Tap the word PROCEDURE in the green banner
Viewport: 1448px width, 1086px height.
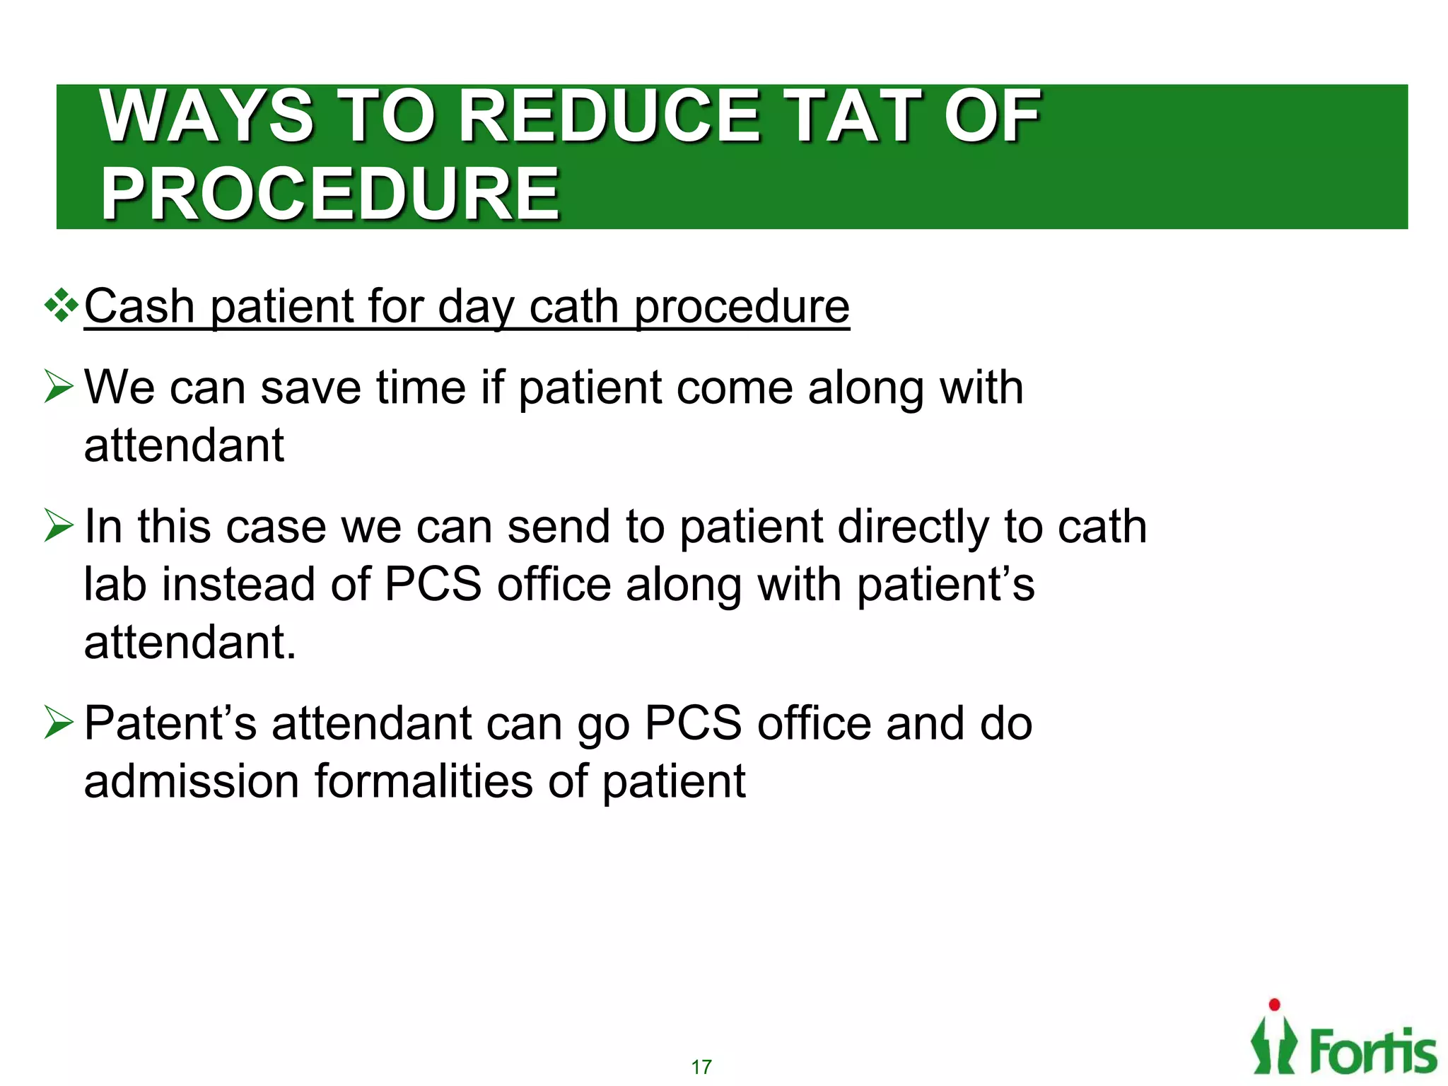pos(330,194)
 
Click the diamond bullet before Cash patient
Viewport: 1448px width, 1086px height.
pos(62,305)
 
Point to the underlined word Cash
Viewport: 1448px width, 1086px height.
pos(139,307)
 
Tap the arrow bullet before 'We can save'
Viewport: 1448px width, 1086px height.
pos(59,387)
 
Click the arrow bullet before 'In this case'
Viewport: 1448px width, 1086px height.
pos(59,526)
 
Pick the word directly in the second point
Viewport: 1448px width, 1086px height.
pos(913,527)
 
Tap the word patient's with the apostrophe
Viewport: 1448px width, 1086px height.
pos(946,585)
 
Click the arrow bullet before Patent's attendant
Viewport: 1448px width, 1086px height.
pos(59,723)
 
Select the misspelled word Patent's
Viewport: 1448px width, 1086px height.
pos(170,723)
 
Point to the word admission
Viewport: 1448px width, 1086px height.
pos(191,781)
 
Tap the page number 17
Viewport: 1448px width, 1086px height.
pos(701,1067)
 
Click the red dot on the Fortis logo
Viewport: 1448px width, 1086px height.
pos(1274,1005)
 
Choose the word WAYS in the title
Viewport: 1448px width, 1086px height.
pos(207,117)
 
